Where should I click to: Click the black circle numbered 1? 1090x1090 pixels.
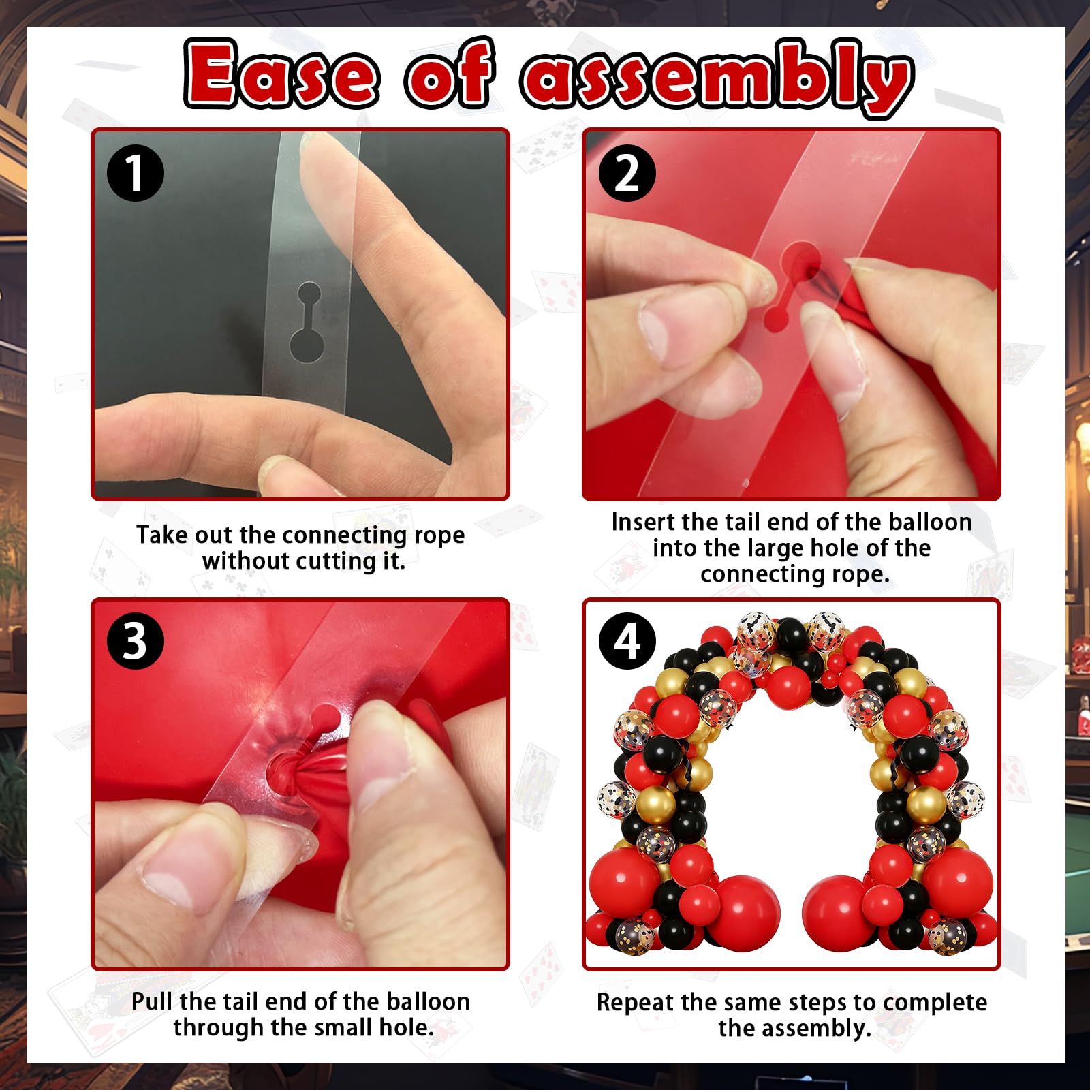[136, 172]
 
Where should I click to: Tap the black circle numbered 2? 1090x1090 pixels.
[627, 172]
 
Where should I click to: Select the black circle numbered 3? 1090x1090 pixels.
[136, 640]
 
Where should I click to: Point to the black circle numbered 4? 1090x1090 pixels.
[627, 640]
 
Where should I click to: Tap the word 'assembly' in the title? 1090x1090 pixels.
[718, 78]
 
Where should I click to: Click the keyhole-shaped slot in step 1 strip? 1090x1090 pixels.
[309, 322]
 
